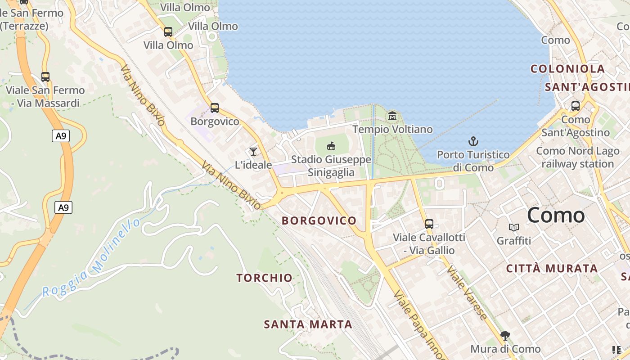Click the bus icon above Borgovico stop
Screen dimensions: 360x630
pos(215,108)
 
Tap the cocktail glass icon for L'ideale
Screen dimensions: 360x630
pos(253,152)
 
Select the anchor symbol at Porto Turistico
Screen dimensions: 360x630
pos(473,142)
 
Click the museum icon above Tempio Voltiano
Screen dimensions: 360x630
pos(392,117)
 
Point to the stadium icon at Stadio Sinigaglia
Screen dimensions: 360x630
pos(331,146)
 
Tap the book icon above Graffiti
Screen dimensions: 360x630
pos(514,228)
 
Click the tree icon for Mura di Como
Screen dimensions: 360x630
pos(505,336)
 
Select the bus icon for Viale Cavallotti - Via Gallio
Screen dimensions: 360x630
pos(429,224)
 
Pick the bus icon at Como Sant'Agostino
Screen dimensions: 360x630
pos(576,106)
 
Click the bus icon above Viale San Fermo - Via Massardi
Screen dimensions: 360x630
pos(45,77)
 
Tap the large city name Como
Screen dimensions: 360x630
pos(556,215)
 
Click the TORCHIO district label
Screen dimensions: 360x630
pos(265,278)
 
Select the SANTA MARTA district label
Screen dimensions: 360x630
pos(308,324)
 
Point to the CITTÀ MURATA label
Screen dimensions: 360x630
pos(552,269)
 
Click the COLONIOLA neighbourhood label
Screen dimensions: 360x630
pos(567,69)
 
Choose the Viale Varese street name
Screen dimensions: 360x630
pos(467,292)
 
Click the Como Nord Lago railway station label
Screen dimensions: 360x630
pos(578,157)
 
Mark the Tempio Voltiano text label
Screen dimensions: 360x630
pos(392,130)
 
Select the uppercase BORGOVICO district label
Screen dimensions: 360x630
pos(319,220)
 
